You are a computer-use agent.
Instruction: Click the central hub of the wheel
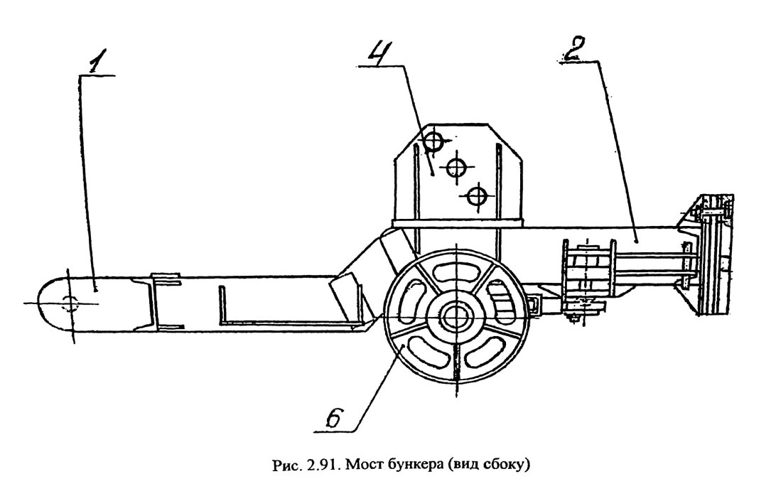[454, 316]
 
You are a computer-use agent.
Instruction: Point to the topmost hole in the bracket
[433, 141]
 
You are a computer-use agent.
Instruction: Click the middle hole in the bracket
[456, 167]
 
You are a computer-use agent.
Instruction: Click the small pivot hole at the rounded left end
[70, 303]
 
